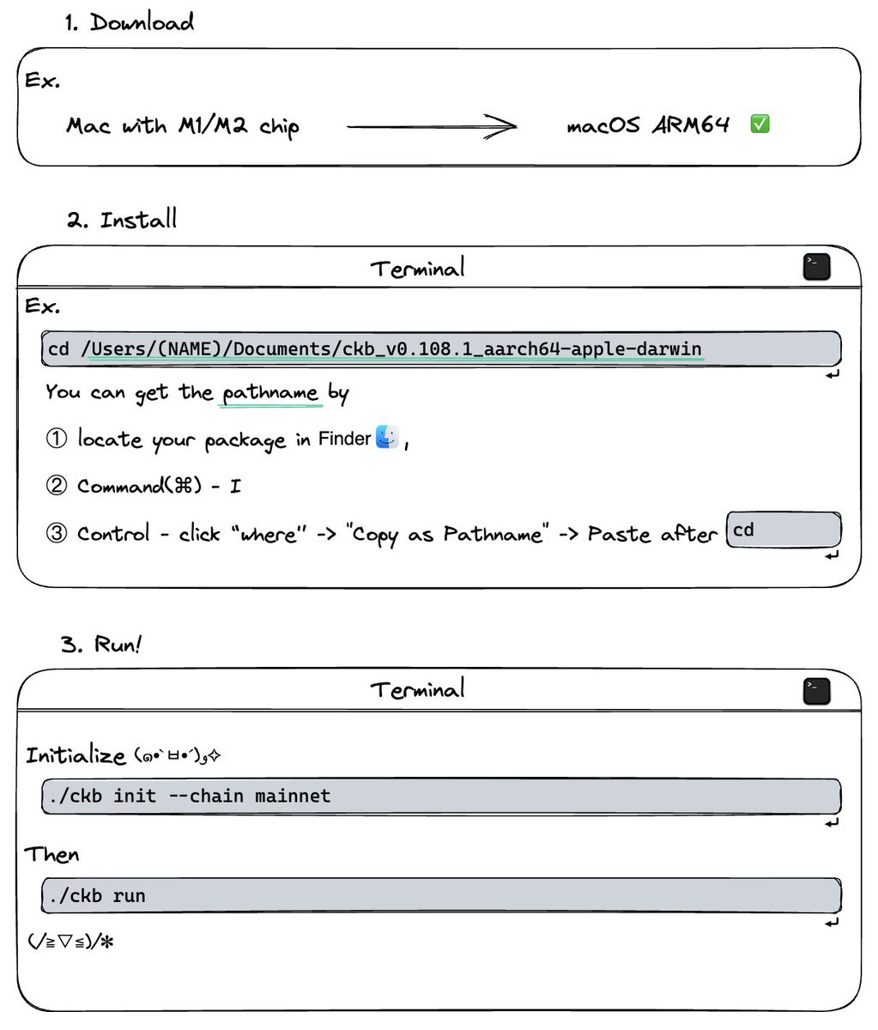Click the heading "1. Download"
coord(130,22)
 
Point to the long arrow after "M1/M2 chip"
coord(432,127)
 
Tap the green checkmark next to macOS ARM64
coord(760,124)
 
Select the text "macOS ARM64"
coord(648,125)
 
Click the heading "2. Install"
coord(122,220)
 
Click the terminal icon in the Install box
coord(816,267)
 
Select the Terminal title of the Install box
coord(417,269)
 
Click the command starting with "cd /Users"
coord(375,349)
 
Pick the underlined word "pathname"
coord(270,393)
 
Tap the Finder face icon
coord(387,438)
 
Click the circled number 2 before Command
coord(56,486)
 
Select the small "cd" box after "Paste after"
coord(783,530)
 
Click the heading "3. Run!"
coord(100,644)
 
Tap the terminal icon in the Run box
coord(816,690)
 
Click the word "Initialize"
coord(76,755)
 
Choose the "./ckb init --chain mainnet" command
coord(190,796)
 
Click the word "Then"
coord(51,855)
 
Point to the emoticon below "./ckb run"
coord(70,942)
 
